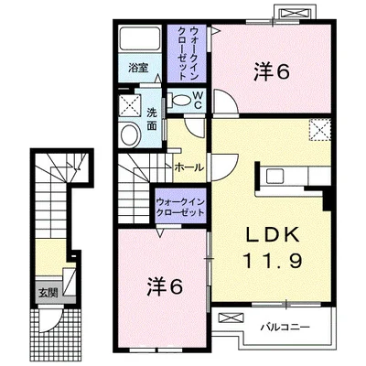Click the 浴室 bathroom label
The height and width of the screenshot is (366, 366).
[138, 68]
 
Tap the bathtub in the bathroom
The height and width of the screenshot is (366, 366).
[140, 38]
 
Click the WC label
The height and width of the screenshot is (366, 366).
[198, 100]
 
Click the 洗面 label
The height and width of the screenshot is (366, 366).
[152, 119]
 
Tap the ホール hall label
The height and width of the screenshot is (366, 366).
[189, 167]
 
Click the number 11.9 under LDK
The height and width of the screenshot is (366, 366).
[273, 261]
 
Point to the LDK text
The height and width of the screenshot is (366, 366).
[272, 235]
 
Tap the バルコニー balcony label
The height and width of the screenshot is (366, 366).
[285, 328]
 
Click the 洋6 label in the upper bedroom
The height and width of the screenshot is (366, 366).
[271, 72]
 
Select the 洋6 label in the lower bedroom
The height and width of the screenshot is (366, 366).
[165, 286]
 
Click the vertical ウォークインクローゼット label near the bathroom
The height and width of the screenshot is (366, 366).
[187, 53]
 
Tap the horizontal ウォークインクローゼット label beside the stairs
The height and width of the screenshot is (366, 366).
[179, 208]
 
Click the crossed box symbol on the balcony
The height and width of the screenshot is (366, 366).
[230, 318]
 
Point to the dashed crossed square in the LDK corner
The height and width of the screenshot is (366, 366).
[320, 129]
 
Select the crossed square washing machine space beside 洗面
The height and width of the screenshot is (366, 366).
[130, 105]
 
